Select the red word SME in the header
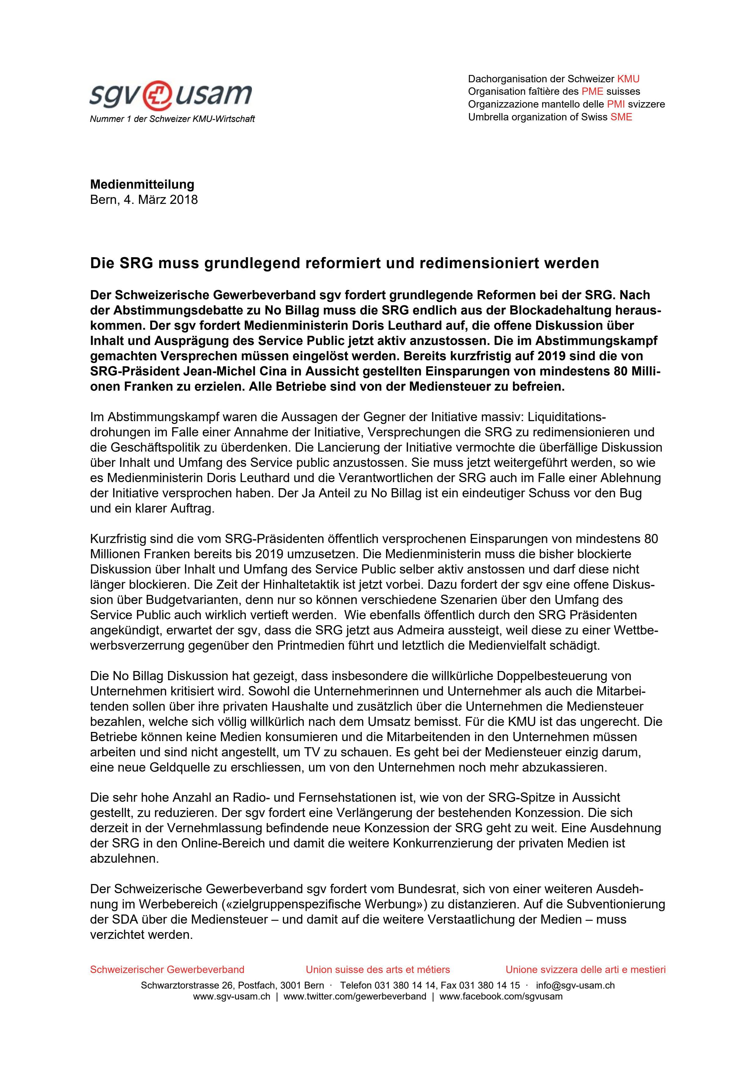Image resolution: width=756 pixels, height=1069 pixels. click(x=622, y=117)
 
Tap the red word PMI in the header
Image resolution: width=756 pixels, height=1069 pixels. click(x=616, y=104)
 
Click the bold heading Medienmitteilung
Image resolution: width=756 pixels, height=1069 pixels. click(x=142, y=184)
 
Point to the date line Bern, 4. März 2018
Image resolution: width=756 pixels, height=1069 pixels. click(x=144, y=200)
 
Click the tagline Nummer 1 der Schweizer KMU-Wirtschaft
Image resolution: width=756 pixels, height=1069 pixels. click(x=172, y=119)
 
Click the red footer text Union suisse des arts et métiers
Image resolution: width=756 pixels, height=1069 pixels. click(x=378, y=970)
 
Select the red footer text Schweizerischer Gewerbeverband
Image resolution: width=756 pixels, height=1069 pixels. click(x=167, y=970)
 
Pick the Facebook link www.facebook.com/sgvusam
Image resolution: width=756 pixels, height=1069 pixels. click(x=501, y=996)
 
